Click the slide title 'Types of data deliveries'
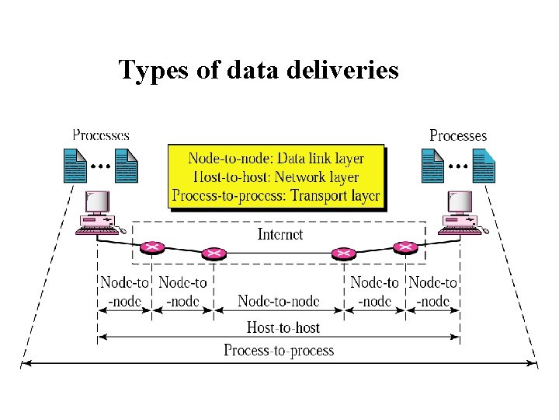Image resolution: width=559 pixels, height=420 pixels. click(259, 70)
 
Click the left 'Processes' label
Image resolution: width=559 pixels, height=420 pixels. click(101, 135)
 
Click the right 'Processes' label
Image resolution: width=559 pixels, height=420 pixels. click(458, 135)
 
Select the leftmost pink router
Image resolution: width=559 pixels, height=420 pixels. click(153, 247)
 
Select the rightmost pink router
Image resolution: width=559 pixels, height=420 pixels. click(405, 247)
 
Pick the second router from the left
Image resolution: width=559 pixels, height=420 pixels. click(213, 254)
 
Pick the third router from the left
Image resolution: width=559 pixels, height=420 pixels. click(342, 254)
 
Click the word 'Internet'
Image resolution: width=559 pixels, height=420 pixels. click(279, 233)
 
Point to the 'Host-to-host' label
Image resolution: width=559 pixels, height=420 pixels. click(283, 327)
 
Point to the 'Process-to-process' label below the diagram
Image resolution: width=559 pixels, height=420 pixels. click(279, 350)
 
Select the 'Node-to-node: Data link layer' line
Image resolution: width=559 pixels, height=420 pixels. click(276, 158)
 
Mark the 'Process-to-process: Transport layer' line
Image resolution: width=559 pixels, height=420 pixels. click(276, 195)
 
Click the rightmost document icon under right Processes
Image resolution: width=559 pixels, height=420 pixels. click(484, 165)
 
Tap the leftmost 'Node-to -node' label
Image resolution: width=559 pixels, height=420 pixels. click(124, 292)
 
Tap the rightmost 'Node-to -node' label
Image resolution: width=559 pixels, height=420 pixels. click(432, 292)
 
